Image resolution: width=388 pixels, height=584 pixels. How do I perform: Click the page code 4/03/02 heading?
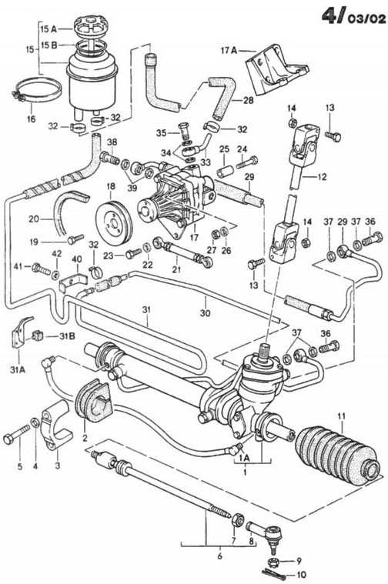(x=353, y=16)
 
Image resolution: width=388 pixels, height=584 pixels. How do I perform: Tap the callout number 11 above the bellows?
(x=341, y=415)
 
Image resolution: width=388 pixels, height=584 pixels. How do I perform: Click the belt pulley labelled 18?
(x=112, y=222)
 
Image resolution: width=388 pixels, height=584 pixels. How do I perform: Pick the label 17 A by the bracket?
(x=229, y=50)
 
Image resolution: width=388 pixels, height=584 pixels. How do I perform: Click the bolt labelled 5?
(x=16, y=434)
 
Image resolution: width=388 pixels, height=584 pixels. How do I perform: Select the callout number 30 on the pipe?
(x=205, y=313)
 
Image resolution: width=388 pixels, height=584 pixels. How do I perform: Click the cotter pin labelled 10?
(x=274, y=574)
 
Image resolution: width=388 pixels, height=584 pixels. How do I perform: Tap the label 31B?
(x=67, y=336)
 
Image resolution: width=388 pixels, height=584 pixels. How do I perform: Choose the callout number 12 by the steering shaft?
(x=321, y=176)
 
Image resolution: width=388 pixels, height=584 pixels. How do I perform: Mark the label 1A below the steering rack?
(x=245, y=457)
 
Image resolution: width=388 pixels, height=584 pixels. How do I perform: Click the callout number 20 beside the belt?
(x=34, y=219)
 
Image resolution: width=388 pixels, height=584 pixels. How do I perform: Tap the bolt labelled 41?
(x=41, y=269)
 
